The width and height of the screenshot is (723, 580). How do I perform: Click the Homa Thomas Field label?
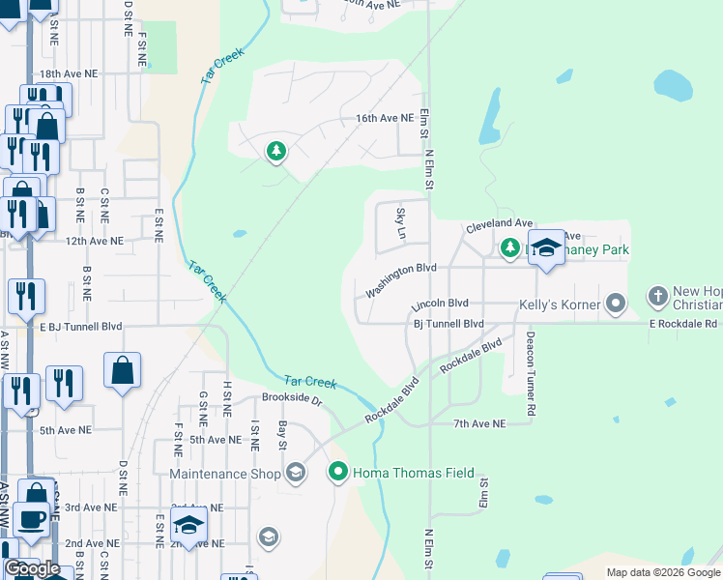click(x=414, y=473)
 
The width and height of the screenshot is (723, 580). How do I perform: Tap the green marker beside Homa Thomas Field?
click(x=338, y=473)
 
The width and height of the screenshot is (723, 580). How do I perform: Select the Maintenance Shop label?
click(x=224, y=474)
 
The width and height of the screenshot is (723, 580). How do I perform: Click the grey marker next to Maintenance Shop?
click(x=295, y=473)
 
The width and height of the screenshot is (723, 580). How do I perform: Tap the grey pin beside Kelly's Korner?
click(x=615, y=304)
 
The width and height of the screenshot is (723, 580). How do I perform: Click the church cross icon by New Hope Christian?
click(x=657, y=296)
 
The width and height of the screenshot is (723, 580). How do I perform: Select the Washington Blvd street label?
click(x=401, y=278)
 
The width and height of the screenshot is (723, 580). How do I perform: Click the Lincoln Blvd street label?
click(x=440, y=304)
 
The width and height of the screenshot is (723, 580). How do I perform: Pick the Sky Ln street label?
click(x=400, y=224)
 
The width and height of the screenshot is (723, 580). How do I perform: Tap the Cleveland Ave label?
click(x=499, y=222)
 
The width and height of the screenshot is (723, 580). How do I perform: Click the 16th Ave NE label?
click(x=385, y=118)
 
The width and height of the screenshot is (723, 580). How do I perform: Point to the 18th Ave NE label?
click(x=68, y=73)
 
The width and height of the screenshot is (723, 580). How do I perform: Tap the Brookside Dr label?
click(x=291, y=397)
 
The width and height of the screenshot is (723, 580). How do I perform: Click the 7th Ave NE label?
click(x=479, y=423)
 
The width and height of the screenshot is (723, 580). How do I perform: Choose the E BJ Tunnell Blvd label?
click(x=81, y=327)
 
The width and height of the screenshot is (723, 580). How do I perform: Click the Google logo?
click(x=32, y=569)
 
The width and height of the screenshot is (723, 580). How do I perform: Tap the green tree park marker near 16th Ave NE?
click(x=276, y=152)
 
